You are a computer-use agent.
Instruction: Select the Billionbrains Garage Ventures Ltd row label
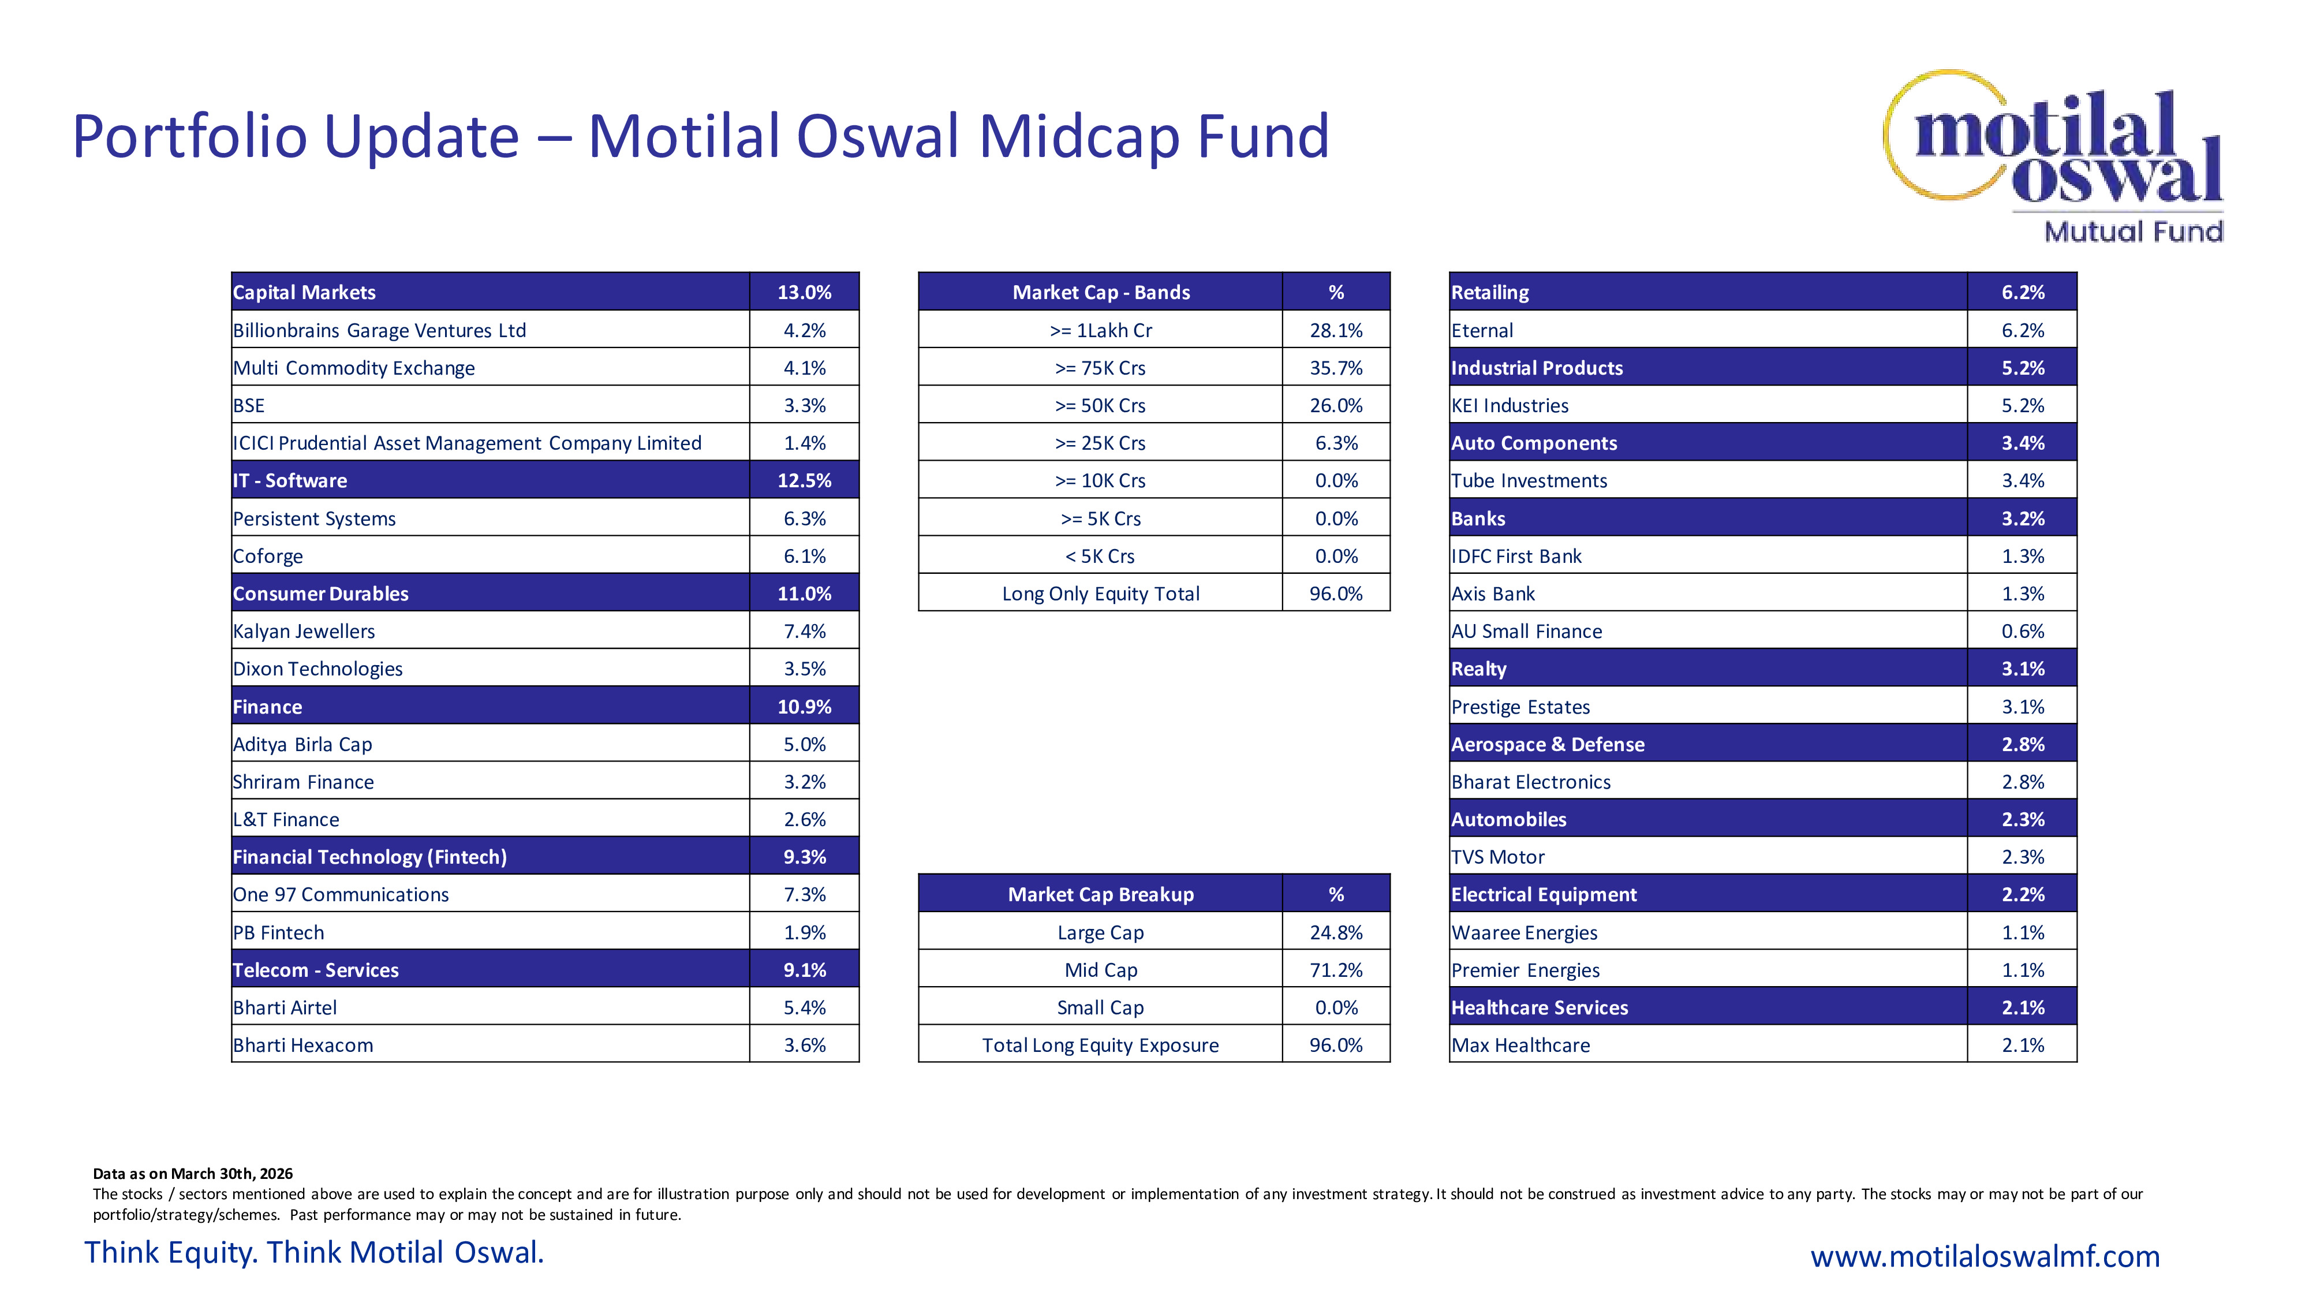coord(379,330)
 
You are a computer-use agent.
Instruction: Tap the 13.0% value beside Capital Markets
coord(804,292)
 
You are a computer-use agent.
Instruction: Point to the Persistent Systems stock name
coord(313,518)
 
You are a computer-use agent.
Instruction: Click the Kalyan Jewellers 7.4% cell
coord(804,631)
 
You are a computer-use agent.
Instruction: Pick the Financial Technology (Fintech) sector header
coord(369,857)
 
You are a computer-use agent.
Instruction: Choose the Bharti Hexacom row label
coord(303,1046)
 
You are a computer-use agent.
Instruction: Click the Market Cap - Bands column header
coord(1101,292)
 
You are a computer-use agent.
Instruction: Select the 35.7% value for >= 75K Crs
coord(1336,368)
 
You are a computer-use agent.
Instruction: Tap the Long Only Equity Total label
coord(1101,593)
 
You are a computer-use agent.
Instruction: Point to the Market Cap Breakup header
coord(1101,895)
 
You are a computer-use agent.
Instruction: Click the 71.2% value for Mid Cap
coord(1336,970)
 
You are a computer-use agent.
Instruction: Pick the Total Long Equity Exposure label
coord(1101,1046)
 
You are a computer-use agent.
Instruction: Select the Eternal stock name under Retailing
coord(1482,330)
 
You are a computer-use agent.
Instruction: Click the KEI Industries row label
coord(1510,405)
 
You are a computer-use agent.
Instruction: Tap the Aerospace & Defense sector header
coord(1547,744)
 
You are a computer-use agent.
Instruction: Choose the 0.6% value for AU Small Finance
coord(2022,631)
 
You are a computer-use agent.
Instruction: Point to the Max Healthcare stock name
coord(1520,1046)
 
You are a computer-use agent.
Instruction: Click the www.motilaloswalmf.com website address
coord(1985,1256)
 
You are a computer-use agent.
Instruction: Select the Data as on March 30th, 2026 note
coord(193,1174)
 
